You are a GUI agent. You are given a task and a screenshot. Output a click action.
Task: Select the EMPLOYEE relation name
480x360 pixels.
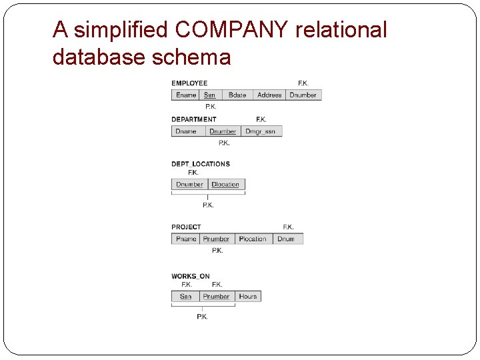(189, 83)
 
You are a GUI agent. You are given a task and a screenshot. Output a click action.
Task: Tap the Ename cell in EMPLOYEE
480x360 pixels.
(186, 95)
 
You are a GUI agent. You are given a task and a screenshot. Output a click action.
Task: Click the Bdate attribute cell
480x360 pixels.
(237, 95)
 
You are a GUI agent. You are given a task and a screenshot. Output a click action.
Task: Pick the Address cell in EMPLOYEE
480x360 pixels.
(269, 95)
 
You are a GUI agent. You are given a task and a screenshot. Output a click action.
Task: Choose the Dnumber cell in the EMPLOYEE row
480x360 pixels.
(303, 95)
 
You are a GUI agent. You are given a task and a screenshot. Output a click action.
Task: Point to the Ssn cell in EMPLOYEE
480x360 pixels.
(210, 95)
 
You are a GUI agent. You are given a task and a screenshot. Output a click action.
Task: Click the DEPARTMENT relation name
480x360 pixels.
(194, 119)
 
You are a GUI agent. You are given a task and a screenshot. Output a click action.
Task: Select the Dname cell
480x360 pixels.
(186, 131)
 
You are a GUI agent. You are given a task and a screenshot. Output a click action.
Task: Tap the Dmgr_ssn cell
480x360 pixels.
(260, 131)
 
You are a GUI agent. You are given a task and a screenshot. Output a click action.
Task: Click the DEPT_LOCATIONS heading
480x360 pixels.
(201, 164)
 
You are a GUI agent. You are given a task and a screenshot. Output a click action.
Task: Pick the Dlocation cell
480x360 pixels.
(225, 185)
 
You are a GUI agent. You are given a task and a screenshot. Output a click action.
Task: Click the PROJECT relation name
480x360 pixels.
(186, 227)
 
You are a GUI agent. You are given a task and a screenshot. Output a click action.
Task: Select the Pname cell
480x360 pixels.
(186, 239)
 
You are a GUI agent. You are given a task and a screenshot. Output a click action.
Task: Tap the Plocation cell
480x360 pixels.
(253, 239)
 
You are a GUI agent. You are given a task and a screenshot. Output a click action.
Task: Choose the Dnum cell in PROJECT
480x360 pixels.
(286, 239)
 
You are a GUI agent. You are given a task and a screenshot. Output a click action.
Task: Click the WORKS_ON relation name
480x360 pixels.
(191, 276)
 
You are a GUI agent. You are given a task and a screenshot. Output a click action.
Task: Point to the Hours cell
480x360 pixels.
(248, 297)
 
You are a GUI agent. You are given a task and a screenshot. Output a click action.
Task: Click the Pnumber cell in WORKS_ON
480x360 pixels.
(216, 297)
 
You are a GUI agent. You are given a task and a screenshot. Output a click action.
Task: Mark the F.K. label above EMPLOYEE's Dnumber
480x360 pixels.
(303, 83)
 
